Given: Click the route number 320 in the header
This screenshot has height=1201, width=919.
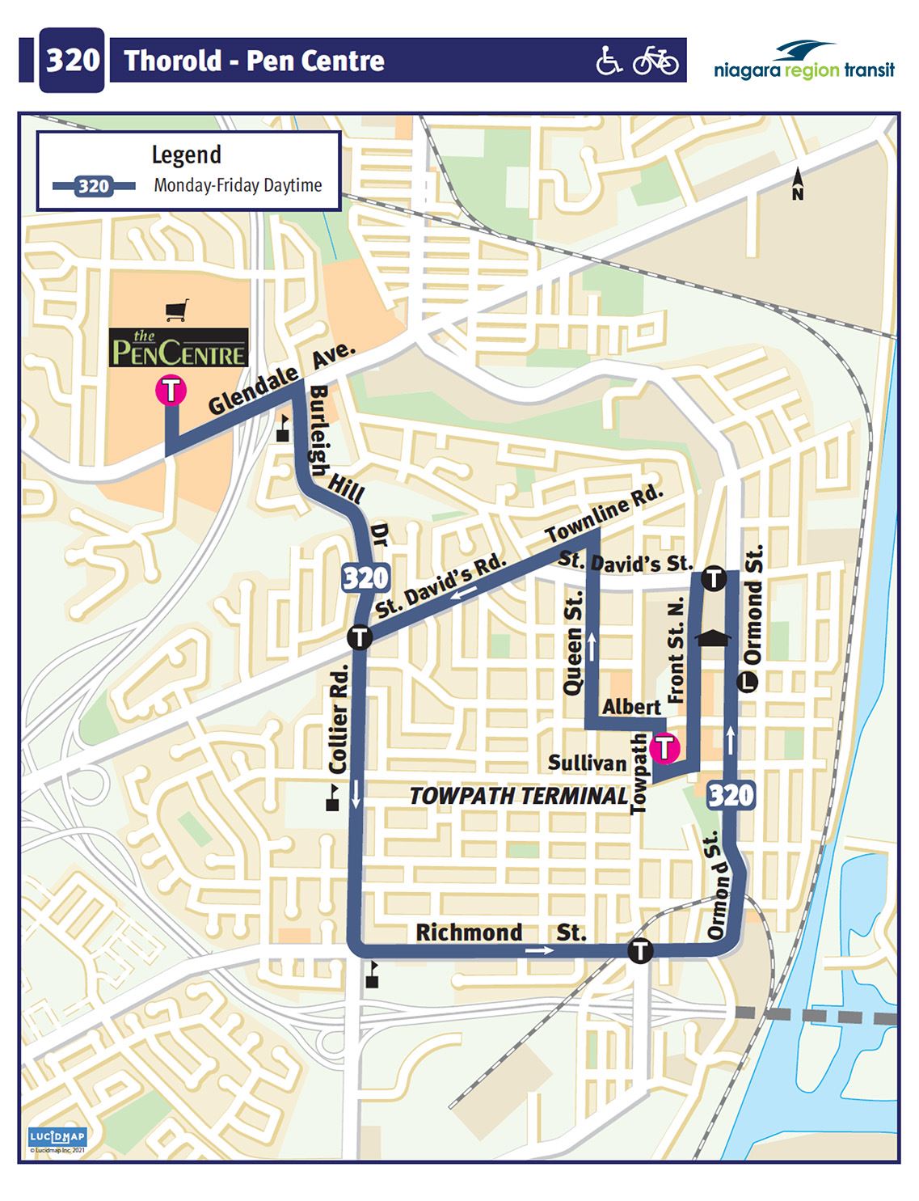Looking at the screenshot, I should (72, 60).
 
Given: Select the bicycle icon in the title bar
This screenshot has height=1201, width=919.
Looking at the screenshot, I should (655, 60).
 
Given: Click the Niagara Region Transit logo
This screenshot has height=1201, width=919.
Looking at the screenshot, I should (804, 61).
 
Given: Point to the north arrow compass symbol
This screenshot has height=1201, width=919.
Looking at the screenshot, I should (798, 184).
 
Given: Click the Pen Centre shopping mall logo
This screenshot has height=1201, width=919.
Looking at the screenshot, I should (179, 348).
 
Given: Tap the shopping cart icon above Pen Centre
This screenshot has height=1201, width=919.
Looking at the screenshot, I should (177, 310).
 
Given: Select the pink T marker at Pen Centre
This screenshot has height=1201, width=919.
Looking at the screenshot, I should (171, 391).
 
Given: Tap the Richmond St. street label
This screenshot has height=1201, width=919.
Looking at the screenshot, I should (500, 932).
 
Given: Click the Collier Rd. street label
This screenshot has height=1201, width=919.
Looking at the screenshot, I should (339, 718).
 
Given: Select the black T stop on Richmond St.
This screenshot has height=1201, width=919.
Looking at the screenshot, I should (640, 950).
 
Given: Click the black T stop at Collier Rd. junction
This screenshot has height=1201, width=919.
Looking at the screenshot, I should (360, 637).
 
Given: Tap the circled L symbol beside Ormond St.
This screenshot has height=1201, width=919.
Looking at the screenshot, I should (748, 683).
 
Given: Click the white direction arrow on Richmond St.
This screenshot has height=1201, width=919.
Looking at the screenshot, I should (540, 950).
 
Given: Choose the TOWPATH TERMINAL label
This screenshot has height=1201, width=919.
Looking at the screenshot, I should (518, 796).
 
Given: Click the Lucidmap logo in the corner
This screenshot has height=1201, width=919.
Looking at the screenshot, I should (57, 1136).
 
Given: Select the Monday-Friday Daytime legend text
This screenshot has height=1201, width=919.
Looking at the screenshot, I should (238, 185).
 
